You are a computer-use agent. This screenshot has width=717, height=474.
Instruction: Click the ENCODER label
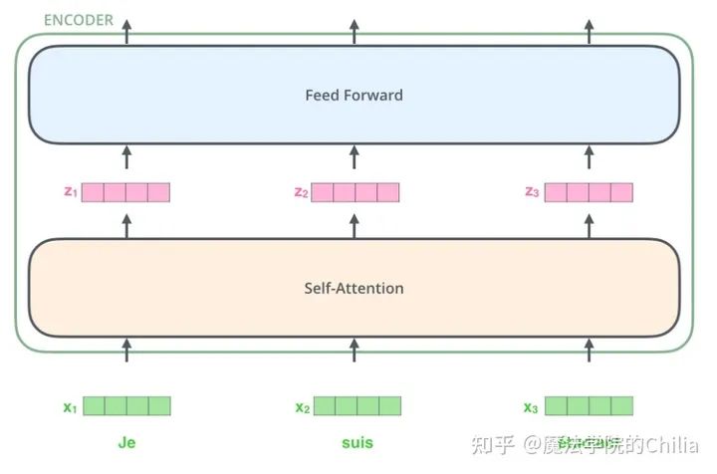[x=79, y=20]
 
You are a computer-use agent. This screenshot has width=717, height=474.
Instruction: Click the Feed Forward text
[x=354, y=95]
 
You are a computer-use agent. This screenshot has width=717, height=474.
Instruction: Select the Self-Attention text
[x=354, y=289]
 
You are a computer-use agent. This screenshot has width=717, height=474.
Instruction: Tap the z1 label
[x=71, y=191]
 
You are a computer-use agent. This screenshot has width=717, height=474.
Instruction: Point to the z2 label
[x=301, y=192]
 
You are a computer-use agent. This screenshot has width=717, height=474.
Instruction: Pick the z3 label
[x=532, y=192]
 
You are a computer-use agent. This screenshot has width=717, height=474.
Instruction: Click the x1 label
[x=70, y=407]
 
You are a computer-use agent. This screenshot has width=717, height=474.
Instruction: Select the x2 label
[x=303, y=407]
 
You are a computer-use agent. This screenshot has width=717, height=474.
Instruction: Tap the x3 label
[x=531, y=407]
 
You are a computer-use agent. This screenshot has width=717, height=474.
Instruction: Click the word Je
[x=126, y=442]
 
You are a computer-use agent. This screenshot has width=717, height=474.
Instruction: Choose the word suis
[x=358, y=443]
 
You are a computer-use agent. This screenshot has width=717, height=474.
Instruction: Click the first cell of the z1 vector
[x=93, y=192]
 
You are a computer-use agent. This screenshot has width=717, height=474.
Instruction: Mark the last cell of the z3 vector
[x=621, y=192]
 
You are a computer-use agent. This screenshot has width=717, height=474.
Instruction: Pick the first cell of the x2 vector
[x=325, y=406]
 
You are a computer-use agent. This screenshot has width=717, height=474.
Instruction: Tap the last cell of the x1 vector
[x=159, y=406]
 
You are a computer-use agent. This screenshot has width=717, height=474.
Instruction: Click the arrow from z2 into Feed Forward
[x=355, y=157]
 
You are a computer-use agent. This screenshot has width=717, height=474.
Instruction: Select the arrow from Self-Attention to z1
[x=127, y=226]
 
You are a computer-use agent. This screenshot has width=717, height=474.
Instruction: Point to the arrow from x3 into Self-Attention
[x=589, y=351]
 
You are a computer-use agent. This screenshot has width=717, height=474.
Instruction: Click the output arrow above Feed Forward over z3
[x=589, y=32]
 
